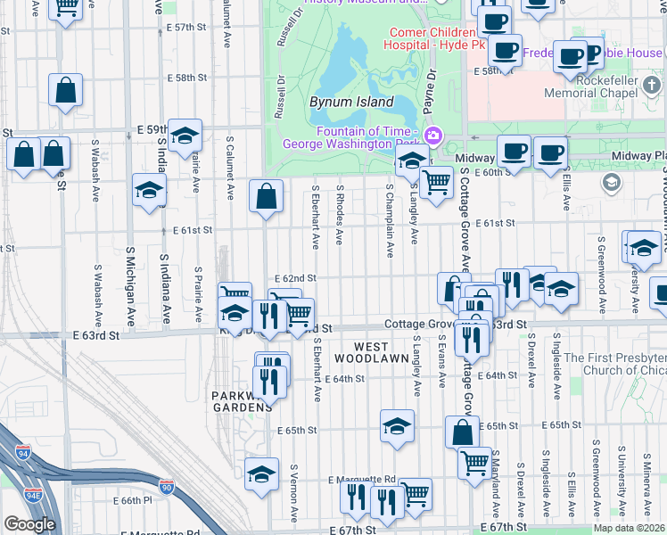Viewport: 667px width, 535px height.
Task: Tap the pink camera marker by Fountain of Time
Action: [433, 136]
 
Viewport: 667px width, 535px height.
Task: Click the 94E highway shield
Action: [33, 495]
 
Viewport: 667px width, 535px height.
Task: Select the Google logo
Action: [29, 524]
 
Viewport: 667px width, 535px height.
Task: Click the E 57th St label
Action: [185, 28]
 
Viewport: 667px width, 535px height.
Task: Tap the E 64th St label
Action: [343, 379]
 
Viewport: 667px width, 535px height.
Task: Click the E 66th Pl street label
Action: [129, 501]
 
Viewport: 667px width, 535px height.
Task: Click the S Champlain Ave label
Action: [390, 221]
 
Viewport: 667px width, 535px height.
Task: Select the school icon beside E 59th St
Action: [185, 136]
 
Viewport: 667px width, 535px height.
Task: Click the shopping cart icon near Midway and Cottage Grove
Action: [435, 184]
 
